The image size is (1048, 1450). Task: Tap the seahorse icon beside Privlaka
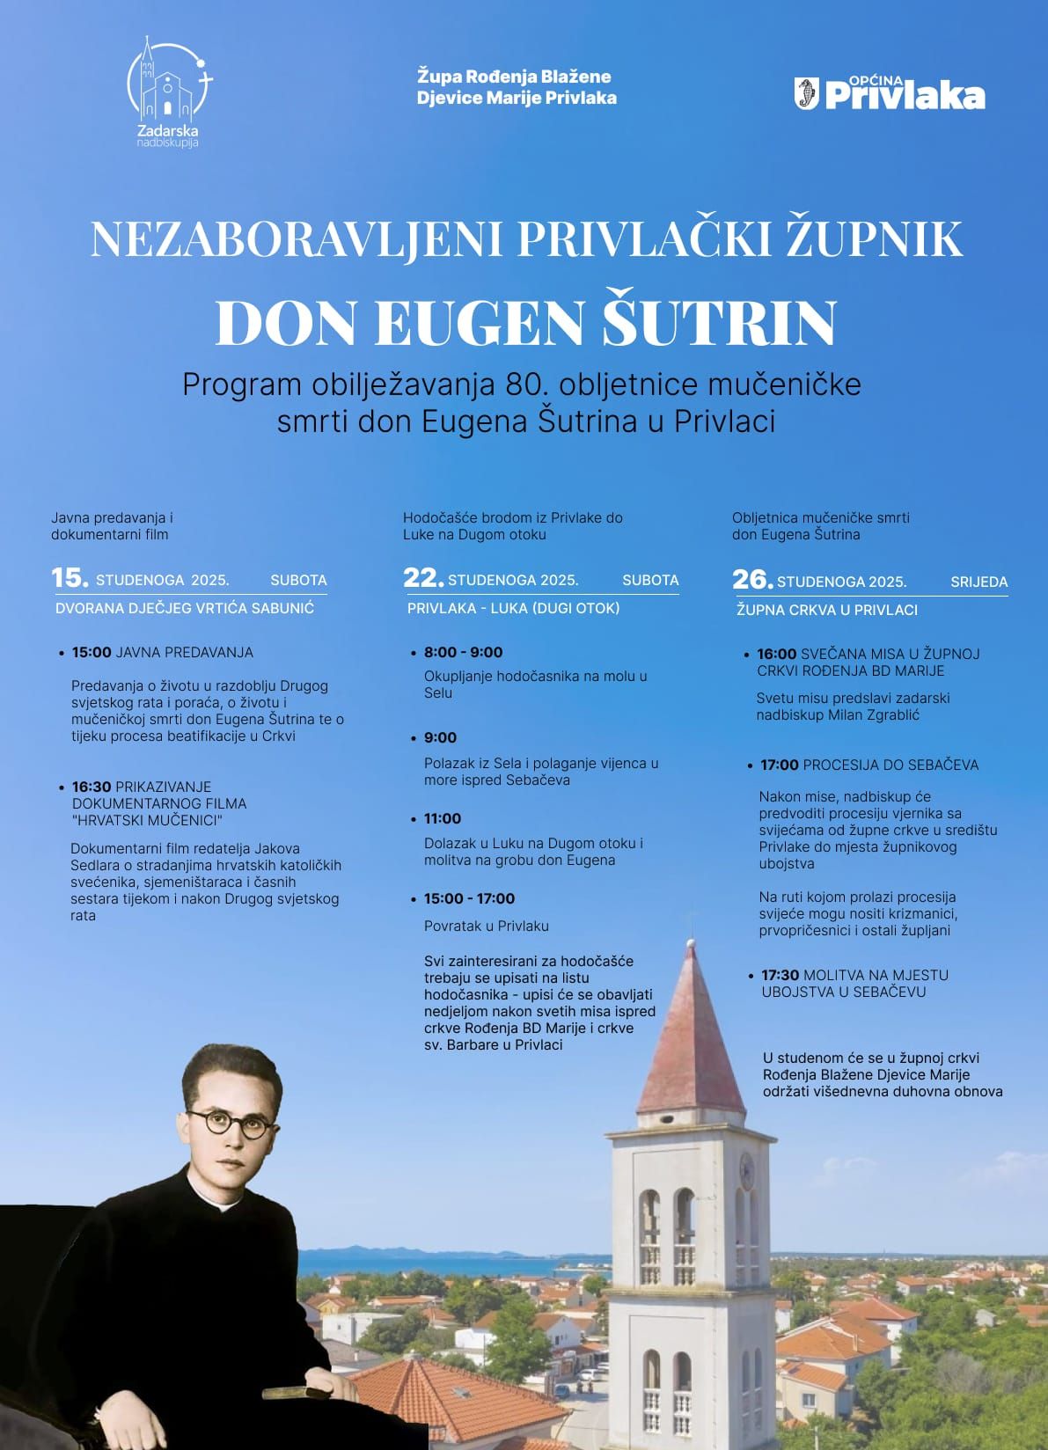tap(807, 94)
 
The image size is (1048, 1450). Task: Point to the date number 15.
tap(70, 578)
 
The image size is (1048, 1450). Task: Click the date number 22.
tap(423, 578)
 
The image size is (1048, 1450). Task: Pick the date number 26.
tap(752, 580)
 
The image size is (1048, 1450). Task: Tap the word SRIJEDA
tap(978, 582)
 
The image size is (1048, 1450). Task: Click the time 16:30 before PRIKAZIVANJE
tap(92, 787)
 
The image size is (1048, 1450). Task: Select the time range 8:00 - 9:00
tap(463, 652)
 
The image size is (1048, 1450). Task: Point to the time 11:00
tap(442, 818)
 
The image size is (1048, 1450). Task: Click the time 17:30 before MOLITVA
tap(780, 975)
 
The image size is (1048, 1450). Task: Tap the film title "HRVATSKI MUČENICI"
tap(147, 820)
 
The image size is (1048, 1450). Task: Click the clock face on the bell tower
tap(746, 1168)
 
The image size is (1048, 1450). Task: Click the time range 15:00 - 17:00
tap(469, 898)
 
